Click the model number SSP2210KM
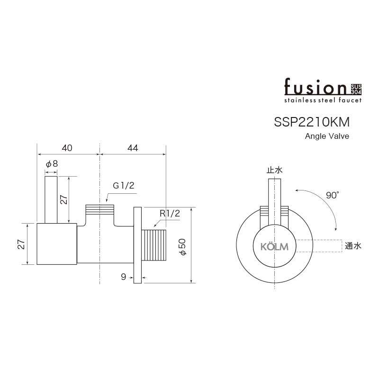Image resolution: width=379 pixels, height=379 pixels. (312, 122)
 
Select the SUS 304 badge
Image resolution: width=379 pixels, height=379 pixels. (356, 89)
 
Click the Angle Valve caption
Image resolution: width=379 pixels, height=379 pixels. (327, 136)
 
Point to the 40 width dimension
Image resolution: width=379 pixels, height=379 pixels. (67, 148)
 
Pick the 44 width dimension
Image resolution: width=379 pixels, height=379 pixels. (133, 148)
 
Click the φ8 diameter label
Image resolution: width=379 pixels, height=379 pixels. (52, 164)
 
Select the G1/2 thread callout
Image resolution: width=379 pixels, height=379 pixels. (123, 186)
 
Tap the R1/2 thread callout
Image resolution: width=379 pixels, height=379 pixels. (170, 214)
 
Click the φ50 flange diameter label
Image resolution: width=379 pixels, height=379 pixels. (182, 247)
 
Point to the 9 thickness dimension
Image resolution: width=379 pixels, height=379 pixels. (124, 277)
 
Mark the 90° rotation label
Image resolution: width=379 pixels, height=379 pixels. (333, 195)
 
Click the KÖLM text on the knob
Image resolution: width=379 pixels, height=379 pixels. (274, 247)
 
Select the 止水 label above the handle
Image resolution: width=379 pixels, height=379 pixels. (274, 170)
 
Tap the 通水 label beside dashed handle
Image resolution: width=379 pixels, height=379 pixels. (353, 246)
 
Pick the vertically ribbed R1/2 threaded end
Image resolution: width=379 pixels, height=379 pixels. (154, 245)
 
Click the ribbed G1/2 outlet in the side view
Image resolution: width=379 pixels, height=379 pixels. (99, 210)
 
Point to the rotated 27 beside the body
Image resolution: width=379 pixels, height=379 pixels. (21, 244)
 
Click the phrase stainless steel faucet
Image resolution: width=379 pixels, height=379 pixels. (323, 100)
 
